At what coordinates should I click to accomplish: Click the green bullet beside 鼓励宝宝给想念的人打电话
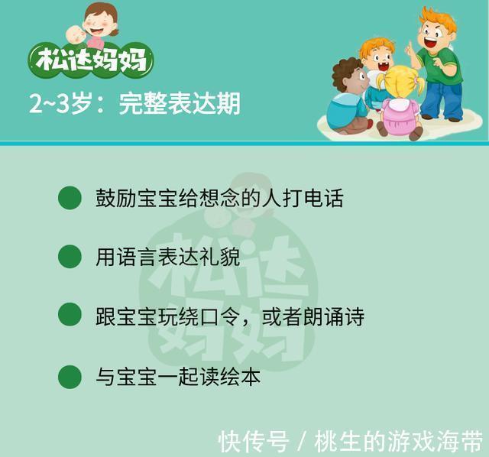70,197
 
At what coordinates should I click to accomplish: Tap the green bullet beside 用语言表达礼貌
70,256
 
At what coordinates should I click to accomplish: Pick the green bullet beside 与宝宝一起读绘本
70,376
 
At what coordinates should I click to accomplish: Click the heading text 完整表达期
180,103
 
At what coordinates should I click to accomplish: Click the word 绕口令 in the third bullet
213,316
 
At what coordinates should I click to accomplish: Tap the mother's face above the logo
102,21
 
